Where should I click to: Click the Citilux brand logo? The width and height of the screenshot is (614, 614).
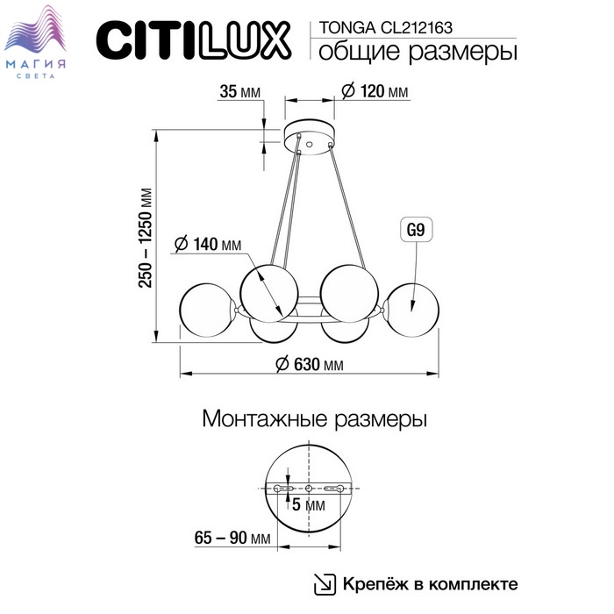click(194, 40)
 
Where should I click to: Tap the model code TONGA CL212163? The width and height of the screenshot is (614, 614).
click(386, 27)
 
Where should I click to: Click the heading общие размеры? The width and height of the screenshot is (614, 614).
click(418, 51)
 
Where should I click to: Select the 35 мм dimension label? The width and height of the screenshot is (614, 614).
click(239, 91)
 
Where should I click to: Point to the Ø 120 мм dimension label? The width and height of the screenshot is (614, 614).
click(375, 91)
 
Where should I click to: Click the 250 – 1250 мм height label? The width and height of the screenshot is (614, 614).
click(146, 238)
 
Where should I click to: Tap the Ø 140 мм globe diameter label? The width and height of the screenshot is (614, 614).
click(208, 244)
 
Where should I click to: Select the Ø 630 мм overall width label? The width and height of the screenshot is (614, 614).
click(310, 364)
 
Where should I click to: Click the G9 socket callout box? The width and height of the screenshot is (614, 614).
click(416, 230)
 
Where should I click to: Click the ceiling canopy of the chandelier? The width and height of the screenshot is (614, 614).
click(310, 139)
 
